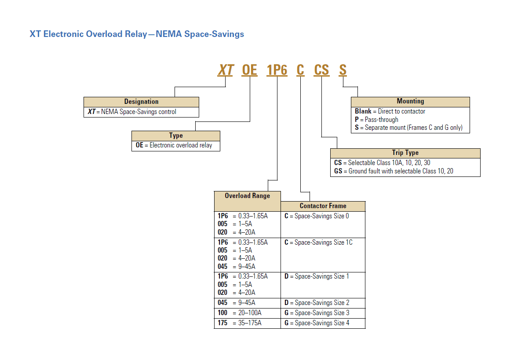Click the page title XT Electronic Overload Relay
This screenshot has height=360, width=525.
tap(136, 34)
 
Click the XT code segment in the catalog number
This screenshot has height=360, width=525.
tap(226, 70)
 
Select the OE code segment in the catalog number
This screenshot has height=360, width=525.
tap(250, 70)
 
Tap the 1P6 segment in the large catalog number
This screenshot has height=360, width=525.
tap(277, 70)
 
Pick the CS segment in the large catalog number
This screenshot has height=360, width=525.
tap(321, 70)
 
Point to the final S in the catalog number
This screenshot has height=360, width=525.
tap(343, 70)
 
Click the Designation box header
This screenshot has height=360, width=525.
tap(141, 102)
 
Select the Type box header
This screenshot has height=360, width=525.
tap(176, 136)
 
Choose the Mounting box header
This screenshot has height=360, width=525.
tap(410, 102)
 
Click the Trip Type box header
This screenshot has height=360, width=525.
tap(405, 153)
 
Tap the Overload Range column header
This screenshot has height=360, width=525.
tap(247, 196)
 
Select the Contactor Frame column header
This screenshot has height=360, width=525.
tap(323, 206)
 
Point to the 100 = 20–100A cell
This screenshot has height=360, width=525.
tap(240, 313)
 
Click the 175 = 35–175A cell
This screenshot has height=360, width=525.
tap(240, 323)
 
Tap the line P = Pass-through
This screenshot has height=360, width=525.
tap(376, 120)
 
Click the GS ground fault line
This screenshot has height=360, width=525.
tap(394, 171)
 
